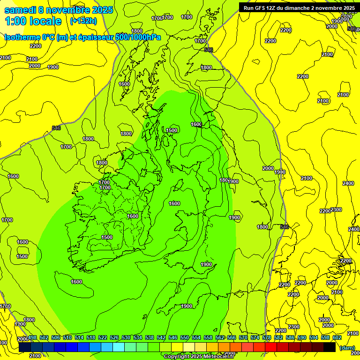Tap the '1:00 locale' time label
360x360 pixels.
click(x=33, y=21)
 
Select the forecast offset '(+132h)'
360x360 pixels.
click(x=83, y=21)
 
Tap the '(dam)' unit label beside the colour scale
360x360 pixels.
click(x=347, y=348)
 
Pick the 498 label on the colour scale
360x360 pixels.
click(x=32, y=337)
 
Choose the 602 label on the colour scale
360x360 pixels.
click(x=337, y=337)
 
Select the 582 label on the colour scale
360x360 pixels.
click(x=278, y=337)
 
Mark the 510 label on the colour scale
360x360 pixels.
click(x=67, y=337)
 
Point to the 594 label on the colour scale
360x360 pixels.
click(x=314, y=337)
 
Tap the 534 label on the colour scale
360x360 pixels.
click(x=138, y=337)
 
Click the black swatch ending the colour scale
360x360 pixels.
click(x=330, y=347)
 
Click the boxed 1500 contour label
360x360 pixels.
click(x=172, y=130)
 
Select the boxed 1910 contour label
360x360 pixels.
click(x=280, y=172)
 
